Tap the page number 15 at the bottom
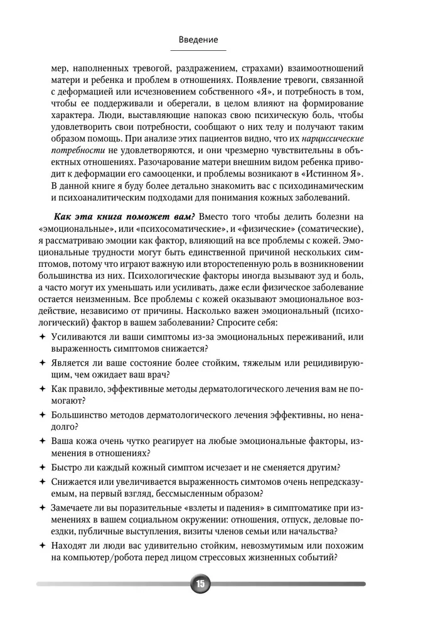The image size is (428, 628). [x=200, y=584]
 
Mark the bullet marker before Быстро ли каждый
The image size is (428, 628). [x=41, y=467]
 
